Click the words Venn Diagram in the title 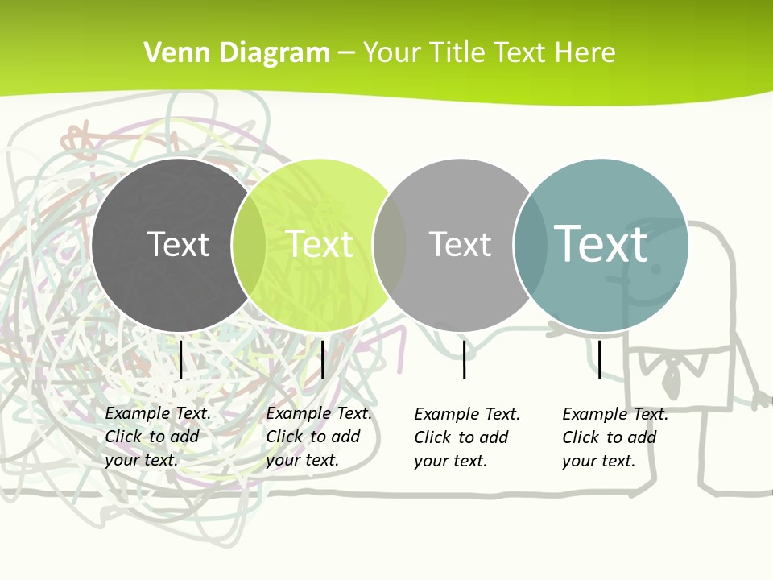pos(237,53)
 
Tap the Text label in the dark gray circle pos(178,244)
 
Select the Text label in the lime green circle pos(320,244)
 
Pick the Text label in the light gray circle pos(460,244)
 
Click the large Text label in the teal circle pos(601,243)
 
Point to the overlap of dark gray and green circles pos(248,245)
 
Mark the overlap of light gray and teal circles pos(531,245)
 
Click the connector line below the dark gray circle pos(181,359)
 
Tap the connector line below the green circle pos(322,359)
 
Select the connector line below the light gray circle pos(464,359)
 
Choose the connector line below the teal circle pos(599,359)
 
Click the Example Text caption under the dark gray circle pos(158,437)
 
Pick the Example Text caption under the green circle pos(319,437)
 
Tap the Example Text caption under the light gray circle pos(467,437)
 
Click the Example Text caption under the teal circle pos(615,437)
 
